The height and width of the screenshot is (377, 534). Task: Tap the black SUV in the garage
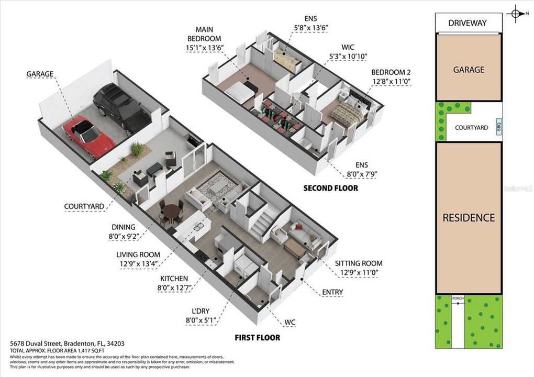(x=121, y=108)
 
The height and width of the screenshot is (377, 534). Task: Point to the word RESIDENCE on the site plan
(x=469, y=217)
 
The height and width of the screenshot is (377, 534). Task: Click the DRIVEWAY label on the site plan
(x=468, y=23)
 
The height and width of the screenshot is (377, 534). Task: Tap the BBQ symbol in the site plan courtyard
(x=498, y=126)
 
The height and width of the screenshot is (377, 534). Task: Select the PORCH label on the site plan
(x=458, y=299)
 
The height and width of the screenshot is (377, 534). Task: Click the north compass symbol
(x=516, y=14)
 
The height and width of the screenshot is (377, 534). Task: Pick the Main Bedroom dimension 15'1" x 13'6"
(x=205, y=48)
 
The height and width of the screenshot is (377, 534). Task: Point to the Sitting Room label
(x=359, y=263)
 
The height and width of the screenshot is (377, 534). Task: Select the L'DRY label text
(x=201, y=311)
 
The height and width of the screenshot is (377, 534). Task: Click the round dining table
(x=171, y=213)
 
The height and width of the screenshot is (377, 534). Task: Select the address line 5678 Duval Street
(x=68, y=343)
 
